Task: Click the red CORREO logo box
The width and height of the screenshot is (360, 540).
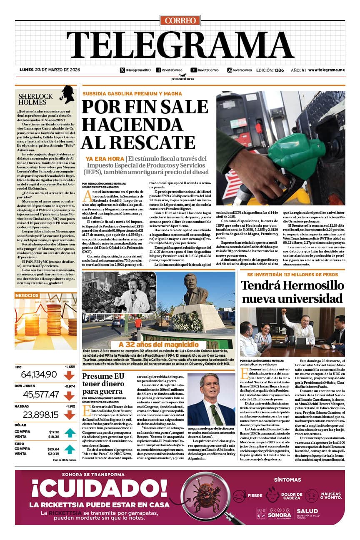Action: [180, 20]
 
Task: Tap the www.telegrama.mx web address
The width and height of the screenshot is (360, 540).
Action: [326, 70]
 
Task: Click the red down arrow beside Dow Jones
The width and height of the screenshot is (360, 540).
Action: [69, 394]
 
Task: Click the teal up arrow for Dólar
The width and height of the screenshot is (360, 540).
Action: [69, 434]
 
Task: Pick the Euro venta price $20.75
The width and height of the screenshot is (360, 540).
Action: [53, 453]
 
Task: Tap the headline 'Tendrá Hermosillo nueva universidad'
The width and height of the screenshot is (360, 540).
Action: [292, 292]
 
